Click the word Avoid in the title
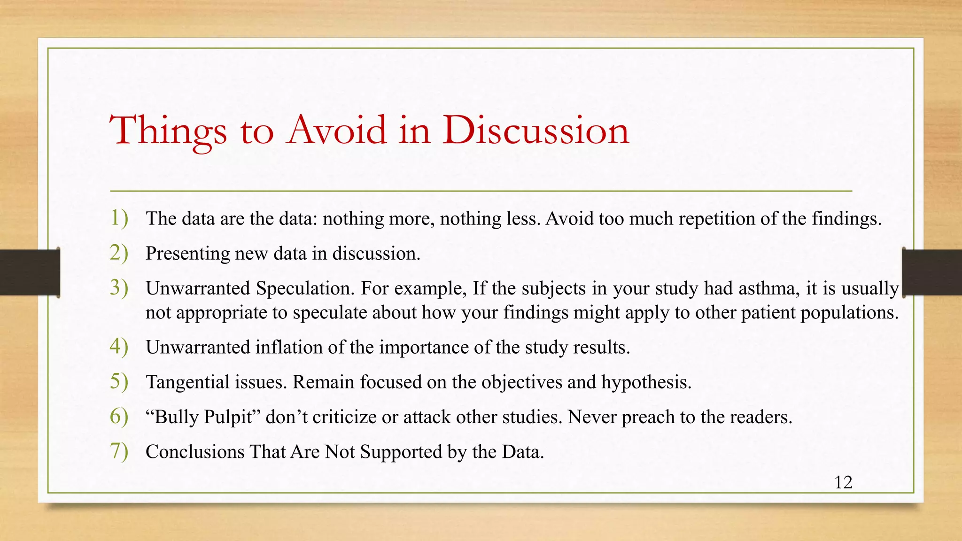337,130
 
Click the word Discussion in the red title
535,130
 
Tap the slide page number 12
843,482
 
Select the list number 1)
119,218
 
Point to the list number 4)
119,347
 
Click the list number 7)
119,451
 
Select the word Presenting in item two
187,254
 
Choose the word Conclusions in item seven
195,452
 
